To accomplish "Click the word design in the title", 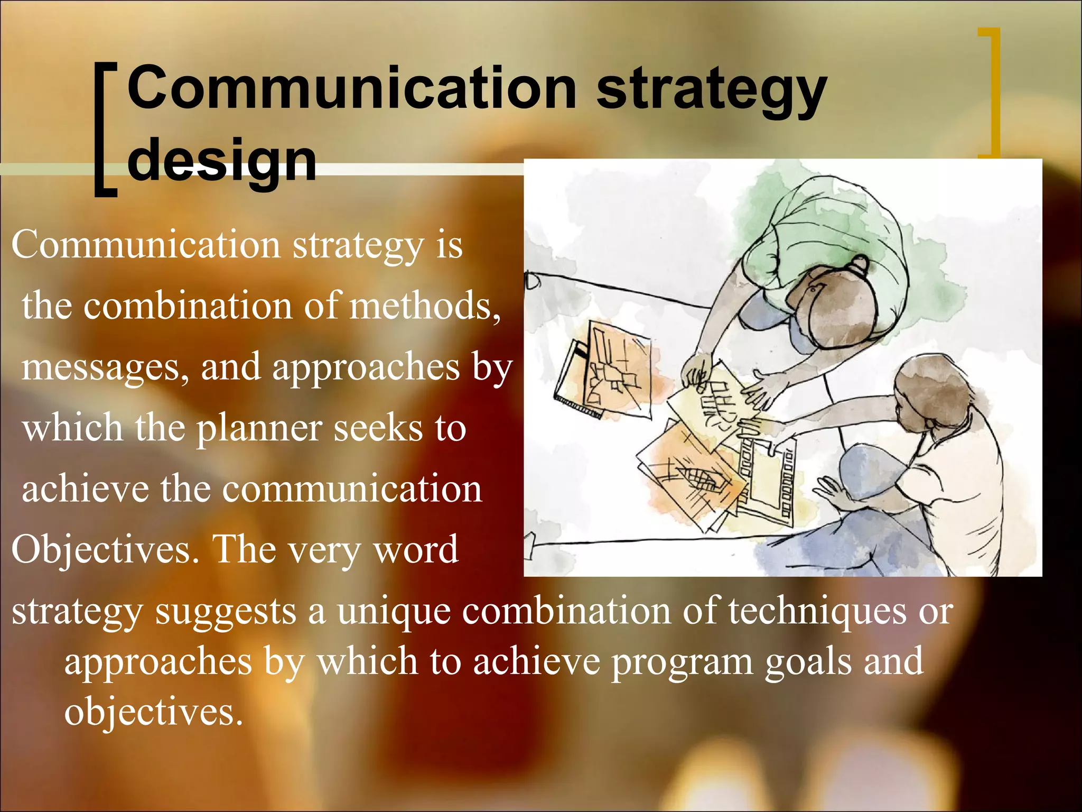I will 222,159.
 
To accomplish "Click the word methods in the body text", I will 425,307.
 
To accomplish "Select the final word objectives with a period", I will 153,712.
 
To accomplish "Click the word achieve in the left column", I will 85,489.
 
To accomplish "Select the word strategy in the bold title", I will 711,90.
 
